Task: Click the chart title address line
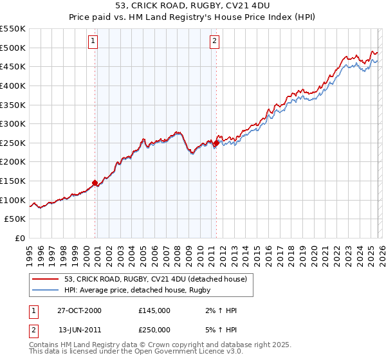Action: click(193, 6)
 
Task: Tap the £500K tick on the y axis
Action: click(13, 48)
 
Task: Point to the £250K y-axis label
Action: click(13, 143)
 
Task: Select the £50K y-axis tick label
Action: click(15, 219)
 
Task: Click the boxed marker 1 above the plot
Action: click(93, 41)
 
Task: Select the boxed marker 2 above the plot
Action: click(214, 41)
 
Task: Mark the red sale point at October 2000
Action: click(95, 183)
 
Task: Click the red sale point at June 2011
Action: click(216, 143)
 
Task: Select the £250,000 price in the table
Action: click(154, 328)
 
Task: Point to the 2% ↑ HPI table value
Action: click(221, 310)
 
